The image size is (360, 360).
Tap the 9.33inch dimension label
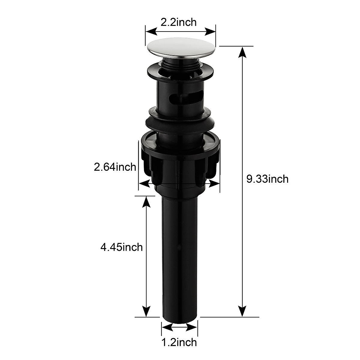pyautogui.click(x=267, y=179)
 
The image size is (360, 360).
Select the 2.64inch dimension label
pyautogui.click(x=115, y=167)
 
